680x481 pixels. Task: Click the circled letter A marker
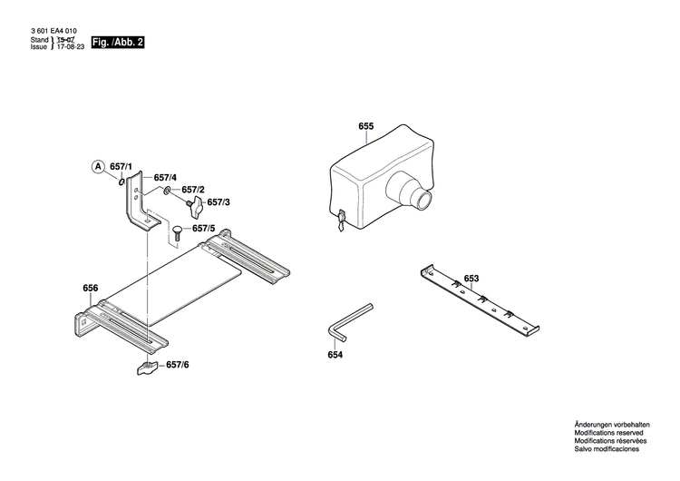[x=99, y=167]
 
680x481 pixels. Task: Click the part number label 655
[x=365, y=126]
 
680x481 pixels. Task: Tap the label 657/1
[x=121, y=167]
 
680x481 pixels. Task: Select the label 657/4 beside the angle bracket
[x=165, y=178]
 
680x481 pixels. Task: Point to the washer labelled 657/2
[x=168, y=191]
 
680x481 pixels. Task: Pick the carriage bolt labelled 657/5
[x=177, y=233]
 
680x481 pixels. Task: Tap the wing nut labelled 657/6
[x=148, y=368]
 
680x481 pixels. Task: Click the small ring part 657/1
[x=121, y=181]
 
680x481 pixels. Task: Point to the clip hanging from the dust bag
[x=341, y=220]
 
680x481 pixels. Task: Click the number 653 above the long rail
[x=471, y=279]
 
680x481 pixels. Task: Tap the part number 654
[x=335, y=355]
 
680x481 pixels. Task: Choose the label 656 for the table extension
[x=90, y=288]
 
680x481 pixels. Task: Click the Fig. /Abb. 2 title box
[x=118, y=42]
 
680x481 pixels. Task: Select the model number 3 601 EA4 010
[x=53, y=31]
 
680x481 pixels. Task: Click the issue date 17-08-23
[x=71, y=47]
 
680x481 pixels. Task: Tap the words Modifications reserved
[x=608, y=433]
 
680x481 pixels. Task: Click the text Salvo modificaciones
[x=607, y=449]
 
